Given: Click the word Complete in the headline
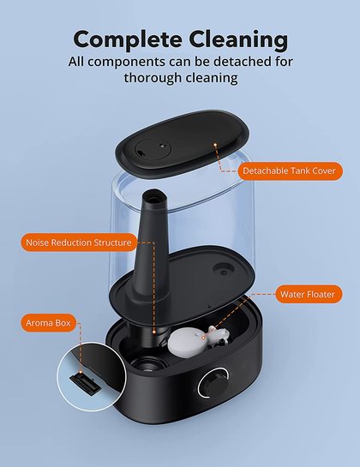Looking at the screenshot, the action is coord(127,39).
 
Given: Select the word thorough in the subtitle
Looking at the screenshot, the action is coord(152,78).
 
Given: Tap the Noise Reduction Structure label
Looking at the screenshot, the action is coord(79,242).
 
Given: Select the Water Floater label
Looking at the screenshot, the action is coord(309,294).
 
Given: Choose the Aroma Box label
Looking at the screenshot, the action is coord(48,323).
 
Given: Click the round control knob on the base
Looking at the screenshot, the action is coord(213,383).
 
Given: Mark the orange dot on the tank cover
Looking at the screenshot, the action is coord(215,145).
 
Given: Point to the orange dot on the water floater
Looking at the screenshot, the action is coord(203,338).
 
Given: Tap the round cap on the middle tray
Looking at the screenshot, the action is coord(223,270).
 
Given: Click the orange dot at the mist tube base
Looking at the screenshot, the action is coord(154,332).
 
